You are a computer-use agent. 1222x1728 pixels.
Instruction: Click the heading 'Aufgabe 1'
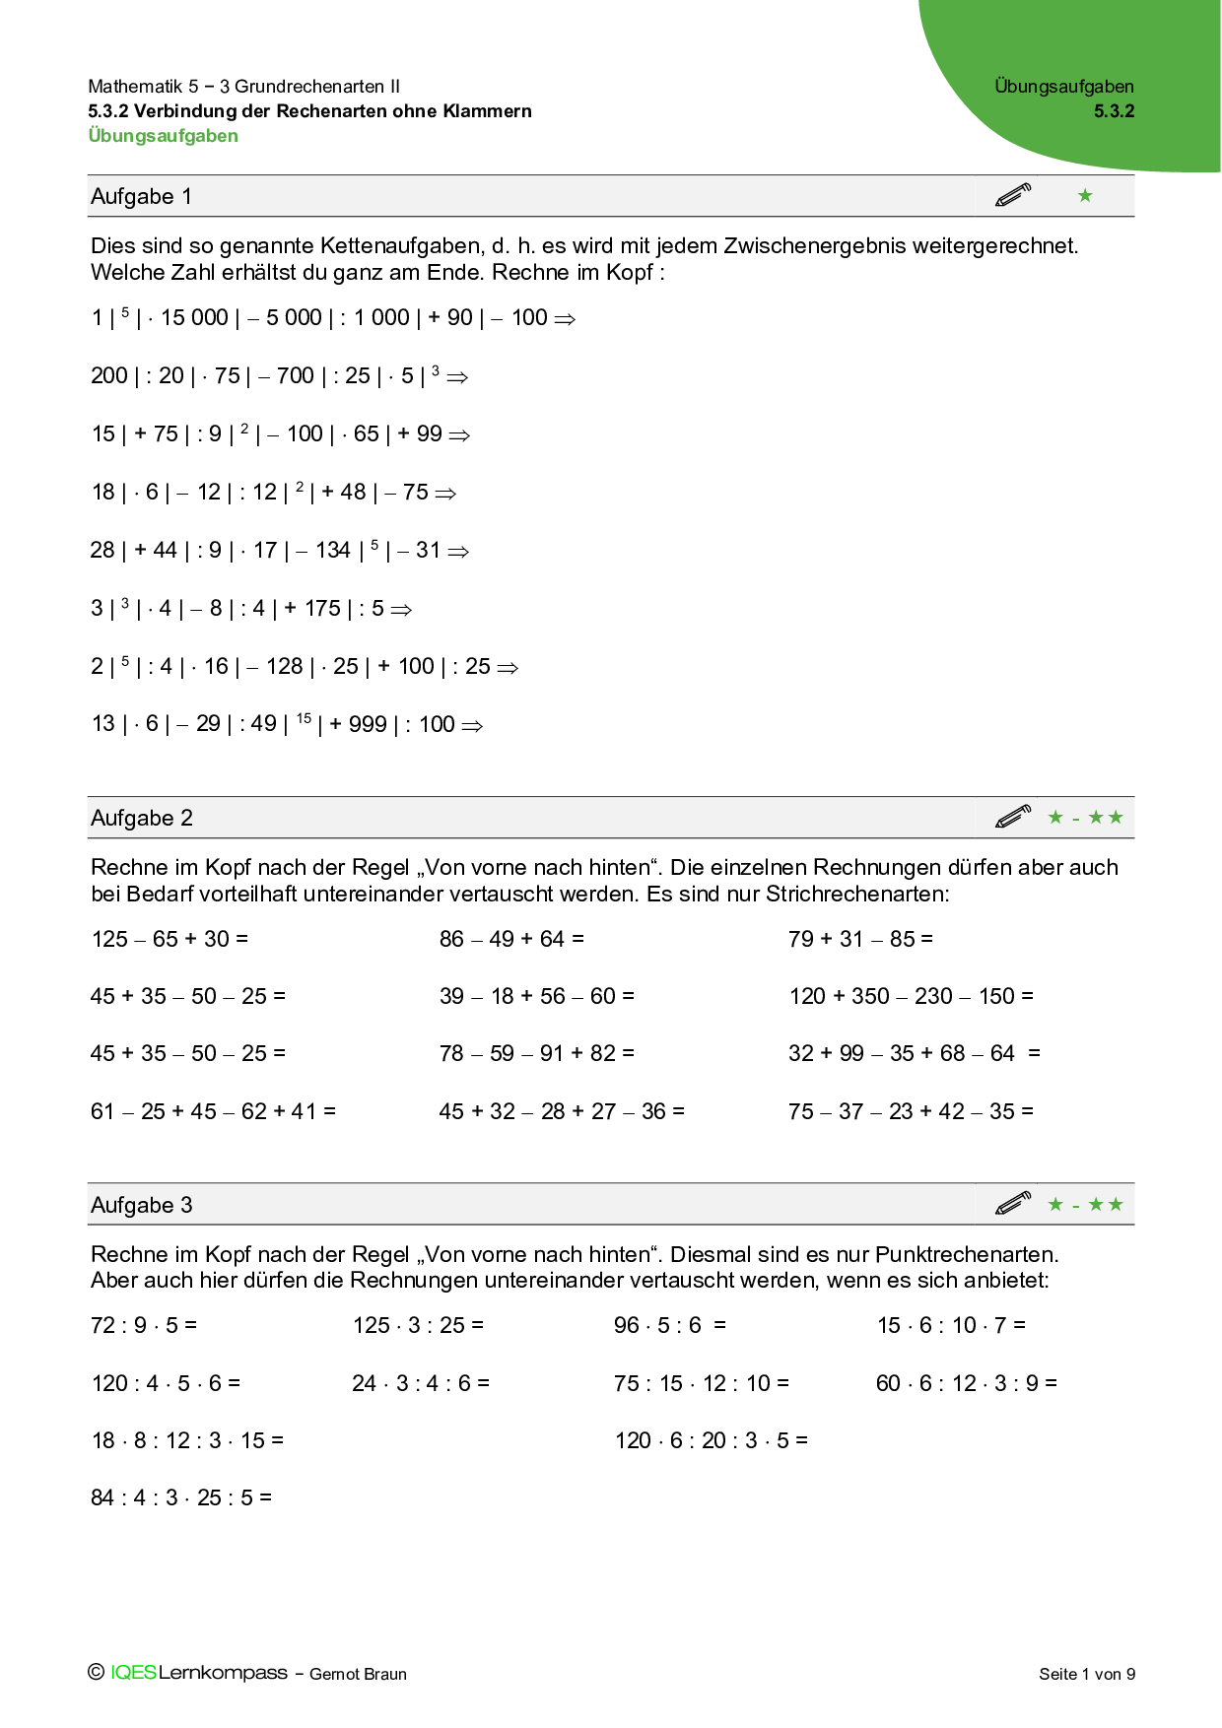click(141, 196)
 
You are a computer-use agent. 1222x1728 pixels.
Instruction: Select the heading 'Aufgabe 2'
click(141, 818)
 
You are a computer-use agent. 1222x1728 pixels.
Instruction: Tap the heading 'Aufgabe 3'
click(141, 1205)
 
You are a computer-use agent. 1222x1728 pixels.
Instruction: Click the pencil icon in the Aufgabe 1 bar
click(1012, 195)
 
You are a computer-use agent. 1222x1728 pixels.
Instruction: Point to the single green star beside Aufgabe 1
click(1085, 195)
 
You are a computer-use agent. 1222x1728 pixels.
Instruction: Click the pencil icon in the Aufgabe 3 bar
click(1012, 1203)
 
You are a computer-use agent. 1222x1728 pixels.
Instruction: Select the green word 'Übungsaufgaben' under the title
click(163, 136)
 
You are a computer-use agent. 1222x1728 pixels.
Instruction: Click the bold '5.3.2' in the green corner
click(1114, 111)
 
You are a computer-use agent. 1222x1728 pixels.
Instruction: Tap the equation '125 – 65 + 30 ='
click(170, 939)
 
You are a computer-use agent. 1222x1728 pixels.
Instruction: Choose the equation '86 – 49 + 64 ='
click(511, 939)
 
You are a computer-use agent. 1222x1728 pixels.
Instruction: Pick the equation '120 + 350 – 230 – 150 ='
click(911, 996)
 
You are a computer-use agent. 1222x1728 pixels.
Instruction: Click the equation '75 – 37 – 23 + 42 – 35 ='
click(911, 1111)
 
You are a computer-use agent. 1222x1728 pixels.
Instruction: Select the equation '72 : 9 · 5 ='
click(144, 1325)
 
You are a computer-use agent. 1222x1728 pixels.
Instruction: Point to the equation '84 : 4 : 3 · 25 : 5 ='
click(181, 1497)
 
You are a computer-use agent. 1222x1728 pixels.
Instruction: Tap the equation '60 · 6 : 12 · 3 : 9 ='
click(966, 1383)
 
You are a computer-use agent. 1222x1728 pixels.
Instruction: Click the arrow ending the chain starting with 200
click(457, 376)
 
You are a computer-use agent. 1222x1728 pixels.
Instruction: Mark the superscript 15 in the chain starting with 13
click(304, 718)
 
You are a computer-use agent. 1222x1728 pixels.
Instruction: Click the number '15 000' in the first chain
click(194, 317)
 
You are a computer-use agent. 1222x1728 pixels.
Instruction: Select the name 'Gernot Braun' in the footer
click(358, 1674)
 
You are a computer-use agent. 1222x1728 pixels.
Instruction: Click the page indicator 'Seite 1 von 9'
click(1086, 1674)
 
